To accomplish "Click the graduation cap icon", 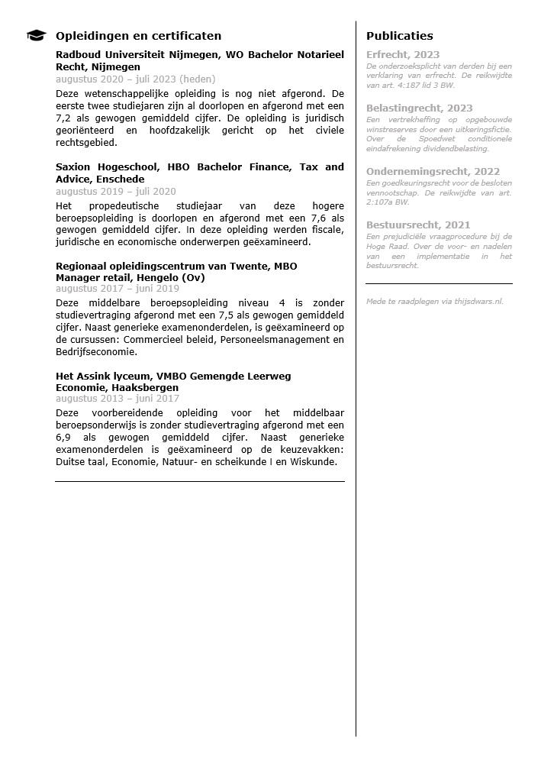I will (36, 36).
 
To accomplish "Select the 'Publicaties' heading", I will (399, 36).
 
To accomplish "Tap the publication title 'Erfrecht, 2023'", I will (403, 55).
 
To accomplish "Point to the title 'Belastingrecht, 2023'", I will (419, 108).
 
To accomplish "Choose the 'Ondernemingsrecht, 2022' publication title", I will (433, 172).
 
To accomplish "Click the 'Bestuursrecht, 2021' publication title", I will (418, 225).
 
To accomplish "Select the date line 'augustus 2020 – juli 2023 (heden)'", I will (136, 79).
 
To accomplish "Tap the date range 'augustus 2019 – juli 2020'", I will (116, 192).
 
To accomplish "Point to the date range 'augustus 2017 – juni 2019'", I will (118, 289).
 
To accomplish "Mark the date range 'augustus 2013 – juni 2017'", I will (118, 399).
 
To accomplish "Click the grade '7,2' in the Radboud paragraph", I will (64, 118).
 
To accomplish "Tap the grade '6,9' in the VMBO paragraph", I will (64, 437).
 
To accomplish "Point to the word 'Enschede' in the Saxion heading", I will (120, 179).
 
